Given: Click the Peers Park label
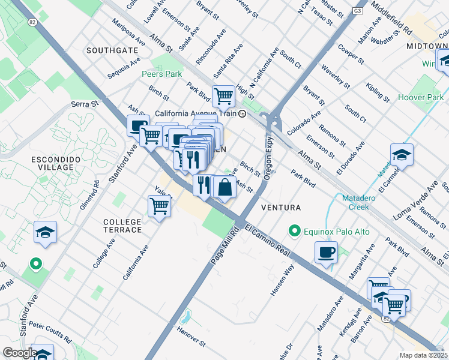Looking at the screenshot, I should [161, 74].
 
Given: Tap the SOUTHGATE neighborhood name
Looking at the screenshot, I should [108, 50].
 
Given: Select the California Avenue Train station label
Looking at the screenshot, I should [196, 113].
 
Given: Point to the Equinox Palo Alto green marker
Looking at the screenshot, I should [294, 230].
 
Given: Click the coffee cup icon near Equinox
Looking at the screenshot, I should [326, 252].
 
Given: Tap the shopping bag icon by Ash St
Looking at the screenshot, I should [224, 187].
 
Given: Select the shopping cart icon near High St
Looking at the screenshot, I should [223, 95].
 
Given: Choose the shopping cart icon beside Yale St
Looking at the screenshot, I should [159, 206].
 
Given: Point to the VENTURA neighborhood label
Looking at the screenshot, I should [281, 208].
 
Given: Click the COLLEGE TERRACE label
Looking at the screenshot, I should [122, 226].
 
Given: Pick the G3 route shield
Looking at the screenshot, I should [358, 11].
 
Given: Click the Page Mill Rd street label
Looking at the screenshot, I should [221, 246].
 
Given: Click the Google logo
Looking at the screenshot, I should [19, 353].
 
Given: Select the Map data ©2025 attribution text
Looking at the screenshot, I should [423, 355].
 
